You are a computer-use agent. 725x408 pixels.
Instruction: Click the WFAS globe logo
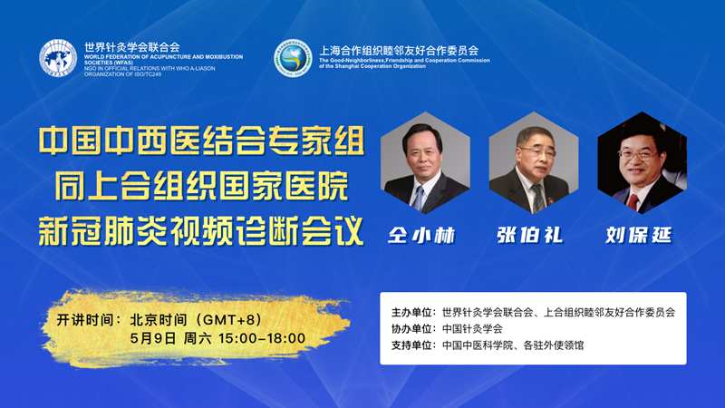pos(58,58)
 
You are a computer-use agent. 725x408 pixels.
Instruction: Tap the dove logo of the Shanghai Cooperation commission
pos(293,58)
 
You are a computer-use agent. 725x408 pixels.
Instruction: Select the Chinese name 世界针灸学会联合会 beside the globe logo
pos(131,47)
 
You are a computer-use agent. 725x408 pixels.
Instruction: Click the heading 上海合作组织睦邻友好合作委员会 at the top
pos(399,51)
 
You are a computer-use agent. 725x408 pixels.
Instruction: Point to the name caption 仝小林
pos(421,235)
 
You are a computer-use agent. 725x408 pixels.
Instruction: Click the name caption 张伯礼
pos(530,235)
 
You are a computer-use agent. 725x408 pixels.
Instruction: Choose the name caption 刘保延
pos(639,235)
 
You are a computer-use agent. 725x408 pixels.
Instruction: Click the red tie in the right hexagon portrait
pos(633,202)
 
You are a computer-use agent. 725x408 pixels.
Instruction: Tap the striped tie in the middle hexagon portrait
pos(536,198)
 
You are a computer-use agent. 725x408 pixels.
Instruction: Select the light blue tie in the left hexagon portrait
pos(419,198)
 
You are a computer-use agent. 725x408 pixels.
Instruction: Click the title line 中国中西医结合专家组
pos(201,141)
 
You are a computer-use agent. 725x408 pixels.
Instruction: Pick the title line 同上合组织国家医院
pos(201,186)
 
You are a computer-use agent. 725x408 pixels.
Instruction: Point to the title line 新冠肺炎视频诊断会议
pos(201,230)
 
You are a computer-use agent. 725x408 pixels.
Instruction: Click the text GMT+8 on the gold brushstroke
pos(229,320)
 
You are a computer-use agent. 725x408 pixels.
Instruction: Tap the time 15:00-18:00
pos(262,338)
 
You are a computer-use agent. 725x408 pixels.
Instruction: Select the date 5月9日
pos(152,338)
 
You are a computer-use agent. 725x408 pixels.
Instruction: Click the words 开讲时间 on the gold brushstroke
pos(84,320)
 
